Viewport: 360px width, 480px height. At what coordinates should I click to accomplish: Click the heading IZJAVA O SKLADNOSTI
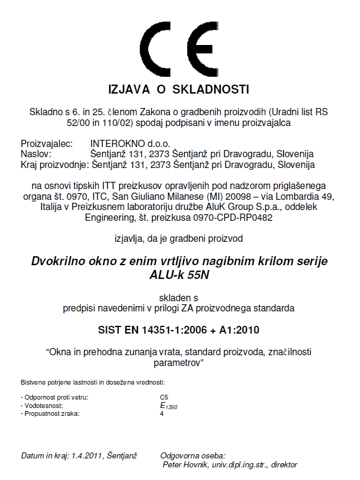178,90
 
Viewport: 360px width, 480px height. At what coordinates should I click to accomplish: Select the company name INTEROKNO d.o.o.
130,145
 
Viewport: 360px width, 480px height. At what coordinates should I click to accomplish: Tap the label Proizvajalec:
47,145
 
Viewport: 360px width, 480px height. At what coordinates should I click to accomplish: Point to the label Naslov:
36,154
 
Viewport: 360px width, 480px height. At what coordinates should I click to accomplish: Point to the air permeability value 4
162,414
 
